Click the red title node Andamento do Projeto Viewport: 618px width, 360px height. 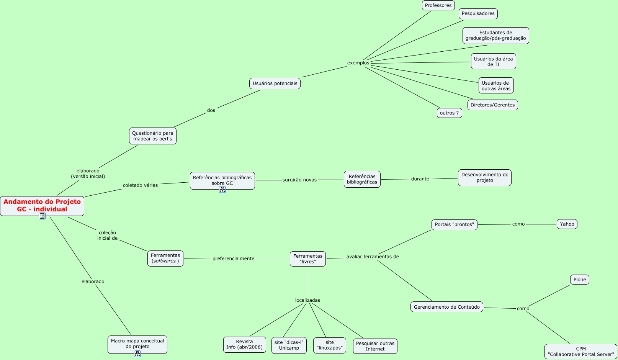pos(42,206)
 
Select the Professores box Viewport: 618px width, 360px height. pos(438,5)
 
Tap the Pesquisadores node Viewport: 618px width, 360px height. pos(478,13)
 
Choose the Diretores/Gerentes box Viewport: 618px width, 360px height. pos(492,105)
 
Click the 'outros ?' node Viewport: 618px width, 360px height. pos(449,113)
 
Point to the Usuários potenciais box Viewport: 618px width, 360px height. pos(275,83)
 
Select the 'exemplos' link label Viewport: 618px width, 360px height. pos(358,63)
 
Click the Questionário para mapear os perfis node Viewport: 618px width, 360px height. pos(152,136)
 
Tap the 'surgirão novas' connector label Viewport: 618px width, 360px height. pos(299,180)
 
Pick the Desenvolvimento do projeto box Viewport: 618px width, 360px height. pos(484,178)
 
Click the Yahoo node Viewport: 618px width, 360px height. pos(567,224)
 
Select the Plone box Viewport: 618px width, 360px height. pos(579,280)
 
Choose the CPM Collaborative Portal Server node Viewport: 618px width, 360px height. pos(580,352)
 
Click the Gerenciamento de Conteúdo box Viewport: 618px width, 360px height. pos(446,307)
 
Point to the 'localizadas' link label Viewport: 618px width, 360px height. pos(307,300)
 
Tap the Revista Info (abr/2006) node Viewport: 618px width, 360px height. pos(244,344)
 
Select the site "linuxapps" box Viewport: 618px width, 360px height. pos(329,345)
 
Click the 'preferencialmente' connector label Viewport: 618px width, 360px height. pos(233,259)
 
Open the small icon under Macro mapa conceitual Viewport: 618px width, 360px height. pos(137,354)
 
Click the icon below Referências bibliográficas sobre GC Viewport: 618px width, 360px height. pos(222,190)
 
